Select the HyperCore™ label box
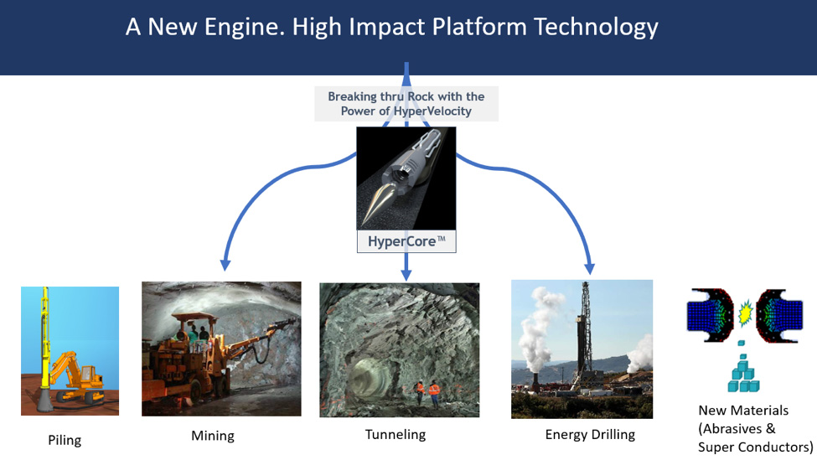point(406,241)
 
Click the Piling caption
point(65,440)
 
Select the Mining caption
point(213,436)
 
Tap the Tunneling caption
point(395,435)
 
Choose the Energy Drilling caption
point(590,435)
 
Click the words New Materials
point(743,411)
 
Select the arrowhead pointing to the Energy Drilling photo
point(590,267)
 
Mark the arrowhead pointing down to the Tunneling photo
point(406,273)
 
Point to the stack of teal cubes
point(742,374)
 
